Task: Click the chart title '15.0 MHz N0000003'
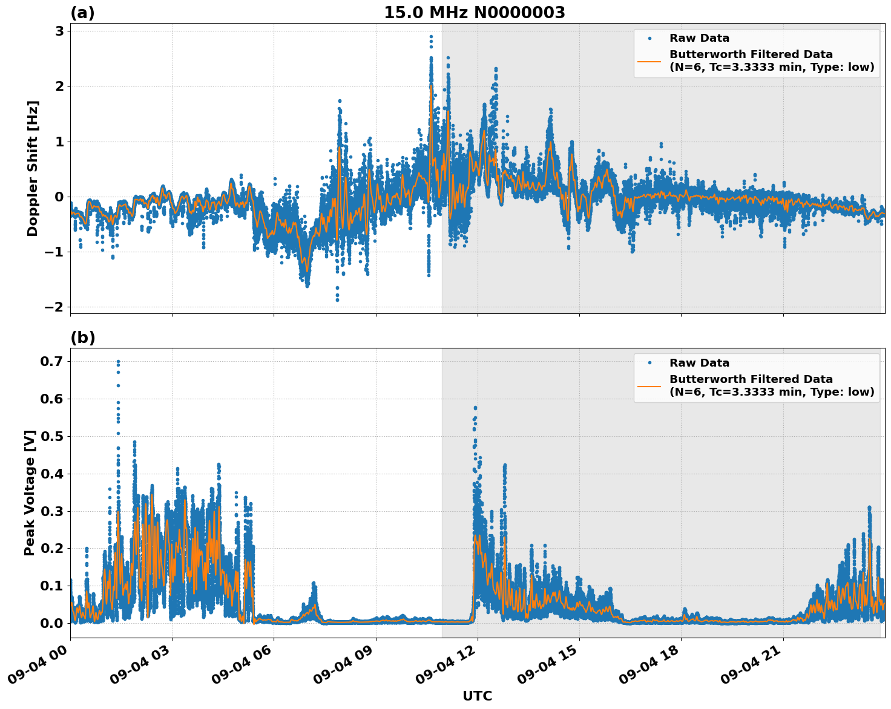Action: pos(474,13)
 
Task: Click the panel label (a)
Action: pos(82,13)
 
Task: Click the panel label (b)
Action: pos(82,338)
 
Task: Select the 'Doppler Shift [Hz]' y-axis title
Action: pos(33,168)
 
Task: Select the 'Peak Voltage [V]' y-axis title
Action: pos(30,492)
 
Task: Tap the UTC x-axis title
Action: pos(477,696)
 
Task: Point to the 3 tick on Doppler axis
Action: pos(59,31)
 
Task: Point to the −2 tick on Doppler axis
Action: pos(54,307)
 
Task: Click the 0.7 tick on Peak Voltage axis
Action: pos(51,362)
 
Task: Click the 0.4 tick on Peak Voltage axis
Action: pos(51,474)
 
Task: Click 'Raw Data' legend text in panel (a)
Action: pos(699,39)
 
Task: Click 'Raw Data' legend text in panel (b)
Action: pos(699,363)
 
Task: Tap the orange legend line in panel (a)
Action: pos(649,61)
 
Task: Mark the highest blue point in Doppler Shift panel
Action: pos(431,36)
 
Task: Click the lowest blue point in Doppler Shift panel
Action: pos(337,300)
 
